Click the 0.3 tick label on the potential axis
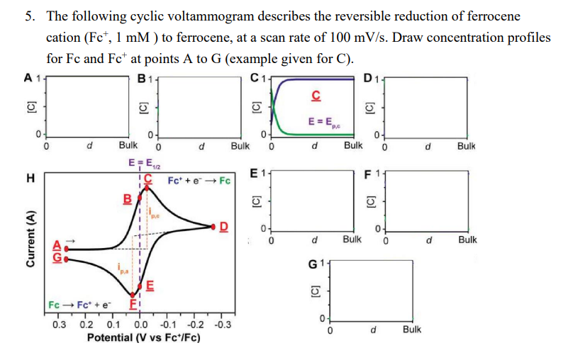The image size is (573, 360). click(61, 324)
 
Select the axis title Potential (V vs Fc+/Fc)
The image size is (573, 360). click(143, 337)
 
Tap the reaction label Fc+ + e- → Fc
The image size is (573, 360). click(200, 180)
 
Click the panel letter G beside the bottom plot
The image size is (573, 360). click(313, 265)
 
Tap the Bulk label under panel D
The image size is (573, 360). click(466, 146)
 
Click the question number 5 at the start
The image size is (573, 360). click(32, 16)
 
